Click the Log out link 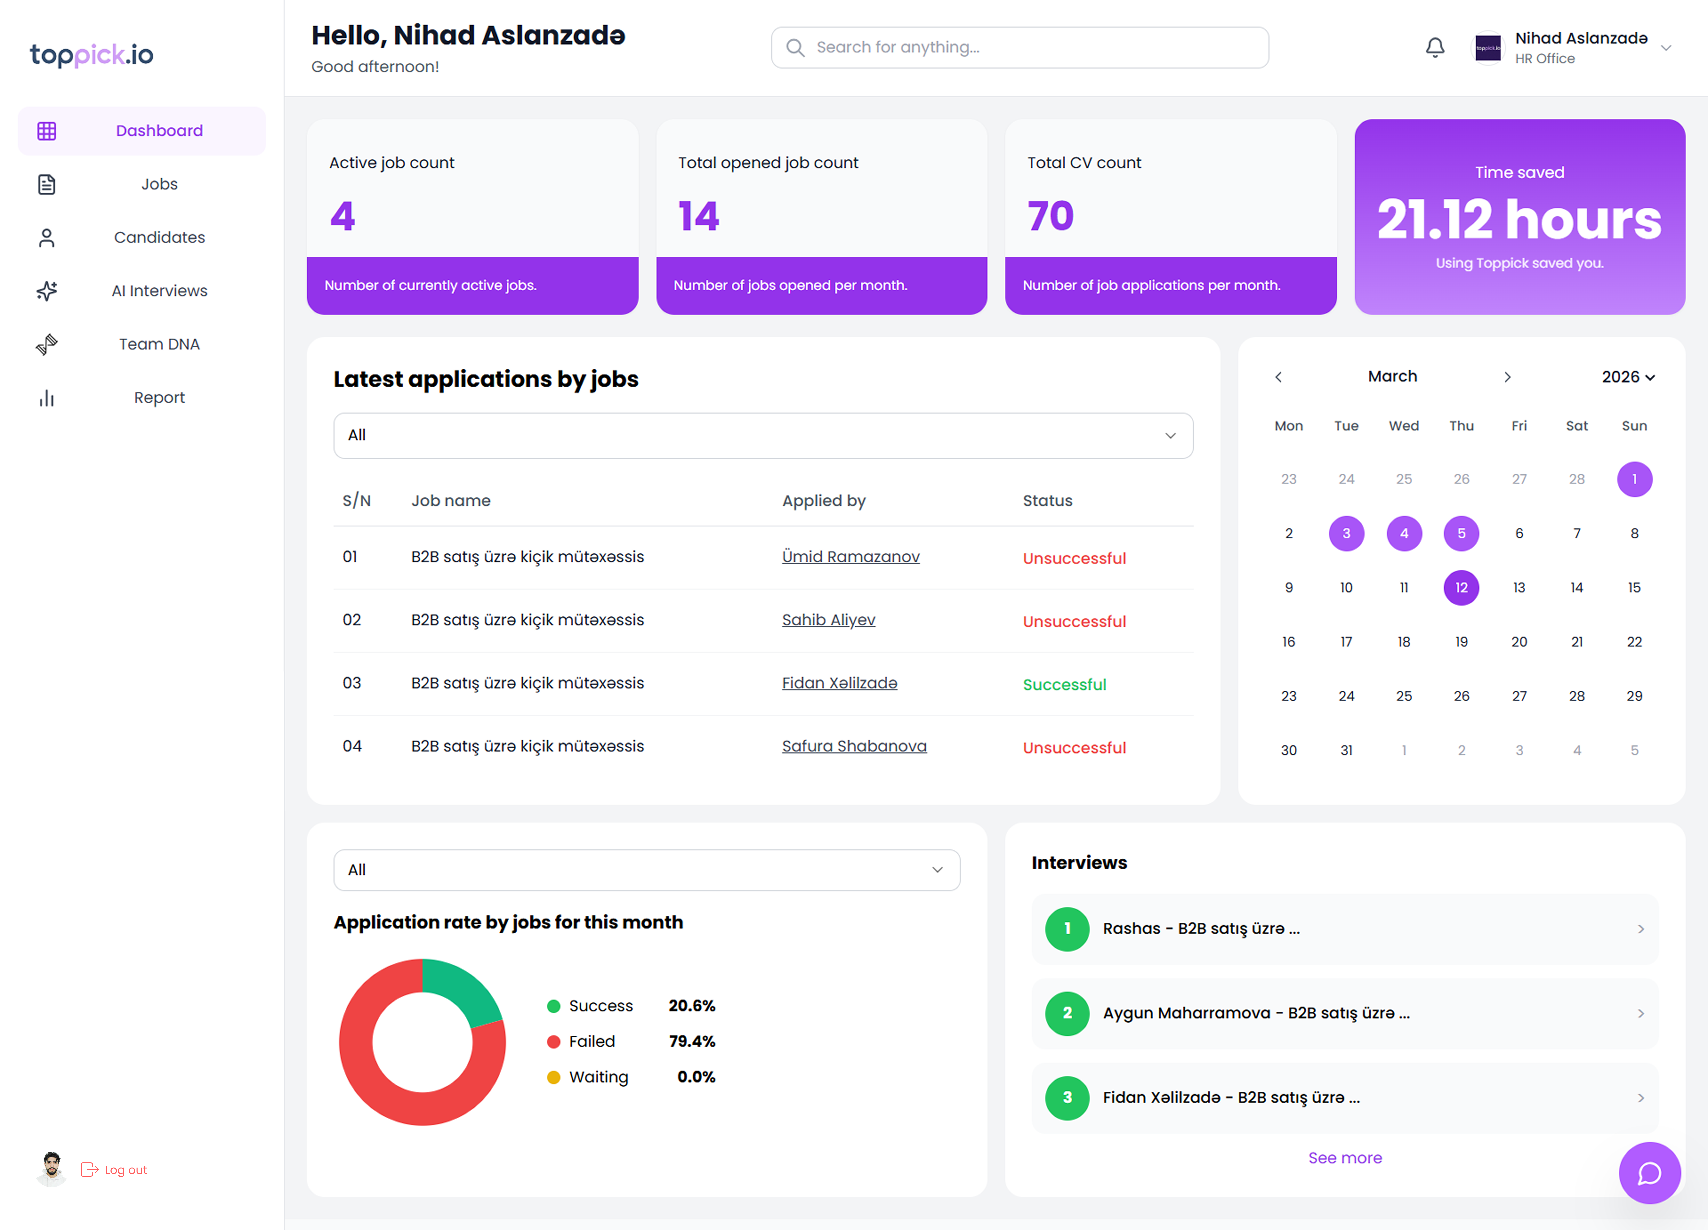pos(125,1170)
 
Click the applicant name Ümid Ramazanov pos(850,557)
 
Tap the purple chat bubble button pos(1649,1173)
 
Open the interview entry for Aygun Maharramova pos(1344,1013)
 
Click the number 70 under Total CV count pos(1051,216)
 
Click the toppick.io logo pos(92,55)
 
